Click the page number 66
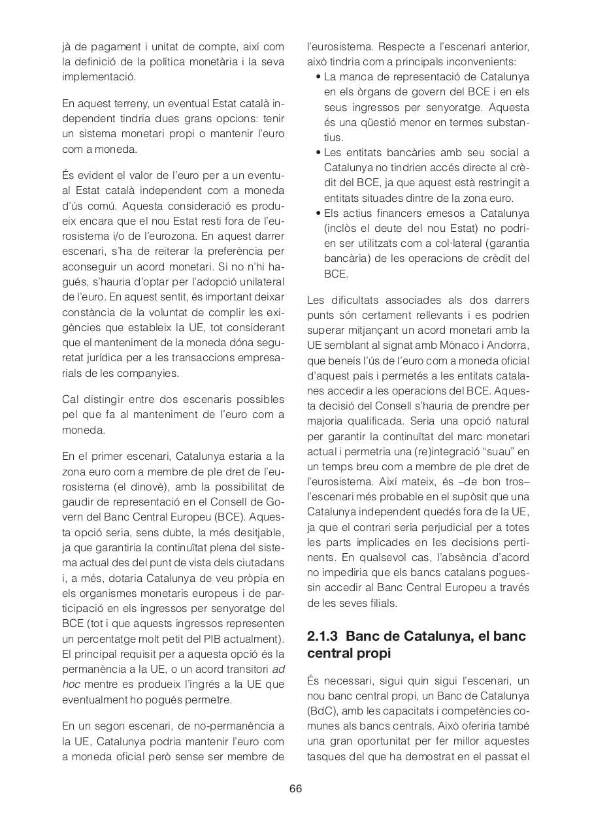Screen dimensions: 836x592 pyautogui.click(x=295, y=788)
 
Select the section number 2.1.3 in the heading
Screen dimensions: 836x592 pyautogui.click(x=323, y=636)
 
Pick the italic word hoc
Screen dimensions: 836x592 pyautogui.click(x=71, y=684)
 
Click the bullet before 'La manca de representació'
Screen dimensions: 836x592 pyautogui.click(x=318, y=77)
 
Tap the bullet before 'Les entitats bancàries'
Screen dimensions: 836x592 pyautogui.click(x=318, y=153)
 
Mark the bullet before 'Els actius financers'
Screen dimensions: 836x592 pyautogui.click(x=318, y=214)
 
